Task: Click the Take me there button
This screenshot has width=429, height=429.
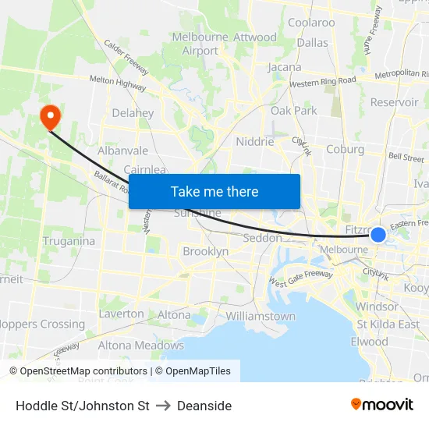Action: point(214,191)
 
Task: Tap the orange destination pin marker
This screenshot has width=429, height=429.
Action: point(50,117)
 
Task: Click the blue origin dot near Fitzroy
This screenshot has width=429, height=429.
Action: point(378,234)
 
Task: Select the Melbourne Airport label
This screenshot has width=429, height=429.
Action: point(200,44)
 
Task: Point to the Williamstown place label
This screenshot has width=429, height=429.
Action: point(261,316)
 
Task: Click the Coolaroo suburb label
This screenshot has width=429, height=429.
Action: point(311,23)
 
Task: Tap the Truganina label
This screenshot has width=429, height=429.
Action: point(69,241)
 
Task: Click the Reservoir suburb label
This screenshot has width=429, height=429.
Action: point(395,102)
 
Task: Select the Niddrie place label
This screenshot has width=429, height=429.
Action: point(255,142)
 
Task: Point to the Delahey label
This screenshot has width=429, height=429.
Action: point(133,113)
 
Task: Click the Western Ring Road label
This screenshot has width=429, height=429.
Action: point(322,82)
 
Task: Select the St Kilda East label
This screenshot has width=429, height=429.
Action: point(388,324)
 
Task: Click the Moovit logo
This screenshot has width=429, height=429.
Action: point(382,404)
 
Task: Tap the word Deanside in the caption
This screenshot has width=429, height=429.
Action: point(204,406)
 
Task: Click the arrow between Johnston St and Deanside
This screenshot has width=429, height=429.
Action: point(163,406)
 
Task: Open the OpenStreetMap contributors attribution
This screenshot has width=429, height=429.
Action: point(80,371)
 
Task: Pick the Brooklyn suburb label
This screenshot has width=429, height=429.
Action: point(206,251)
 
